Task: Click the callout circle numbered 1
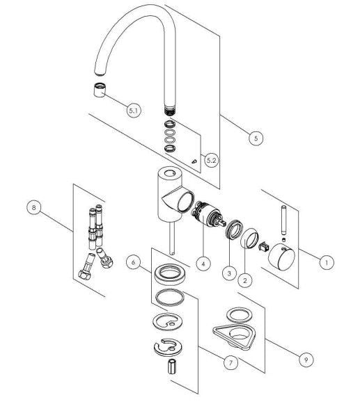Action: click(x=324, y=262)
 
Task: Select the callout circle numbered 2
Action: click(x=244, y=280)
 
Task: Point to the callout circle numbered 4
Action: click(x=203, y=264)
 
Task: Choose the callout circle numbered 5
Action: click(x=256, y=137)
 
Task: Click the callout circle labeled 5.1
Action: click(x=133, y=109)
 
